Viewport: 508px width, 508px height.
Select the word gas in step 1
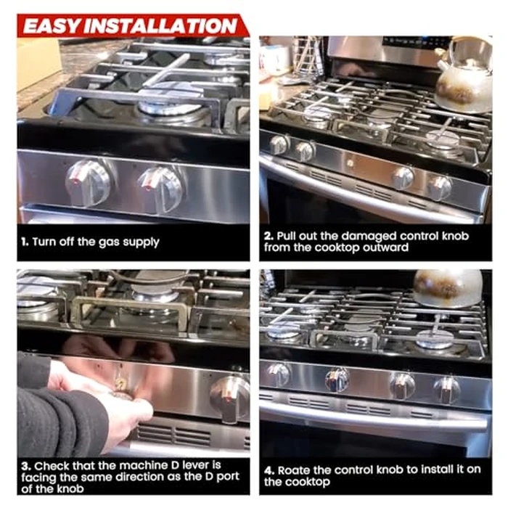click(x=112, y=242)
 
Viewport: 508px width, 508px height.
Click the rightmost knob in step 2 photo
click(x=440, y=187)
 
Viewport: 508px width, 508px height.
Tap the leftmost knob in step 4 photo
click(x=278, y=374)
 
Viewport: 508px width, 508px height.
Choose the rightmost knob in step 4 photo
click(x=447, y=390)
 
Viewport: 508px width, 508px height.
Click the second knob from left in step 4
click(x=337, y=379)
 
